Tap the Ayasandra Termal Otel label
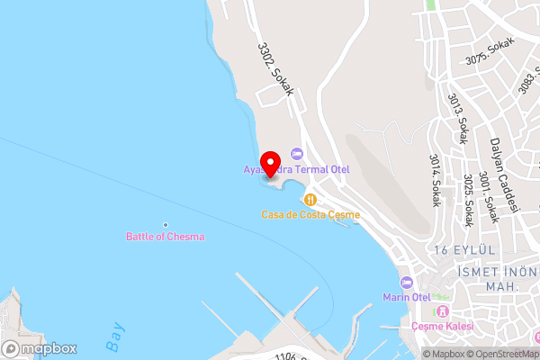[297, 169]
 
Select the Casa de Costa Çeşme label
[310, 214]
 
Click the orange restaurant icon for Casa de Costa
[310, 199]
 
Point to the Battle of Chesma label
[165, 237]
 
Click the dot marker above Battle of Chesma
[165, 224]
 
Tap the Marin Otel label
[407, 297]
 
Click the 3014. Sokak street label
[436, 180]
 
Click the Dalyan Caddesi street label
[505, 166]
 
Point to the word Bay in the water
[113, 337]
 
